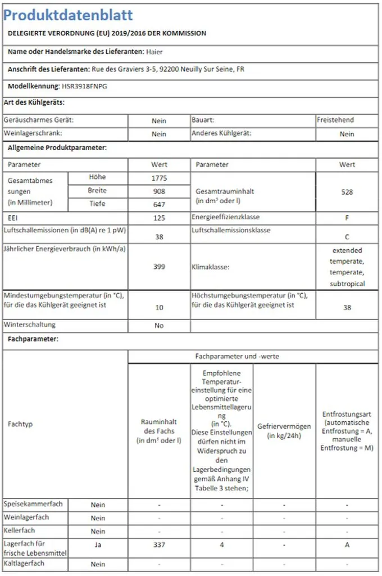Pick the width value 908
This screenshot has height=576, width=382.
159,192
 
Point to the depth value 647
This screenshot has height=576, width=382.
159,205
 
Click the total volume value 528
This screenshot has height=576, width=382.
347,192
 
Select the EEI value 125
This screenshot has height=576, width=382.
159,218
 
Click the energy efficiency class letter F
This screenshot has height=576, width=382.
347,218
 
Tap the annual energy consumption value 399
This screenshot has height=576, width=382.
159,267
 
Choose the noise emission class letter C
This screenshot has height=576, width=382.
347,237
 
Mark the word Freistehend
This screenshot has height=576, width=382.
335,120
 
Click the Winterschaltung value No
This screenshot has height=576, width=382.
159,326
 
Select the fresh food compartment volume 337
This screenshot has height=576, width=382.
159,545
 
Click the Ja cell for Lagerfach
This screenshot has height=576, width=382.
98,545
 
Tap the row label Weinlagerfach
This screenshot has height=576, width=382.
26,517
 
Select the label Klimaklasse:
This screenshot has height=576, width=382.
211,268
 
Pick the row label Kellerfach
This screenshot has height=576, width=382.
19,531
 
